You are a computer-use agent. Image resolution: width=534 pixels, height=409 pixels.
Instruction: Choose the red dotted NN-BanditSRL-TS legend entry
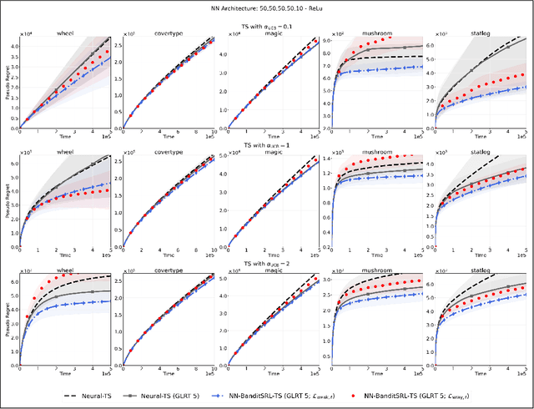[x=450, y=399]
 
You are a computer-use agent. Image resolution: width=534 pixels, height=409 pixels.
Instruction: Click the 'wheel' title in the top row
[x=65, y=33]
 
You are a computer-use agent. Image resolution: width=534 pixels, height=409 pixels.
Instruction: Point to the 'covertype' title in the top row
[x=169, y=33]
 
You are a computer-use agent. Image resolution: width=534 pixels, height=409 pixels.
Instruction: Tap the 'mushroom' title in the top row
[x=371, y=33]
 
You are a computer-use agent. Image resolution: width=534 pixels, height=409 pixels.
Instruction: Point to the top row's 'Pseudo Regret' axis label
[x=8, y=83]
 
